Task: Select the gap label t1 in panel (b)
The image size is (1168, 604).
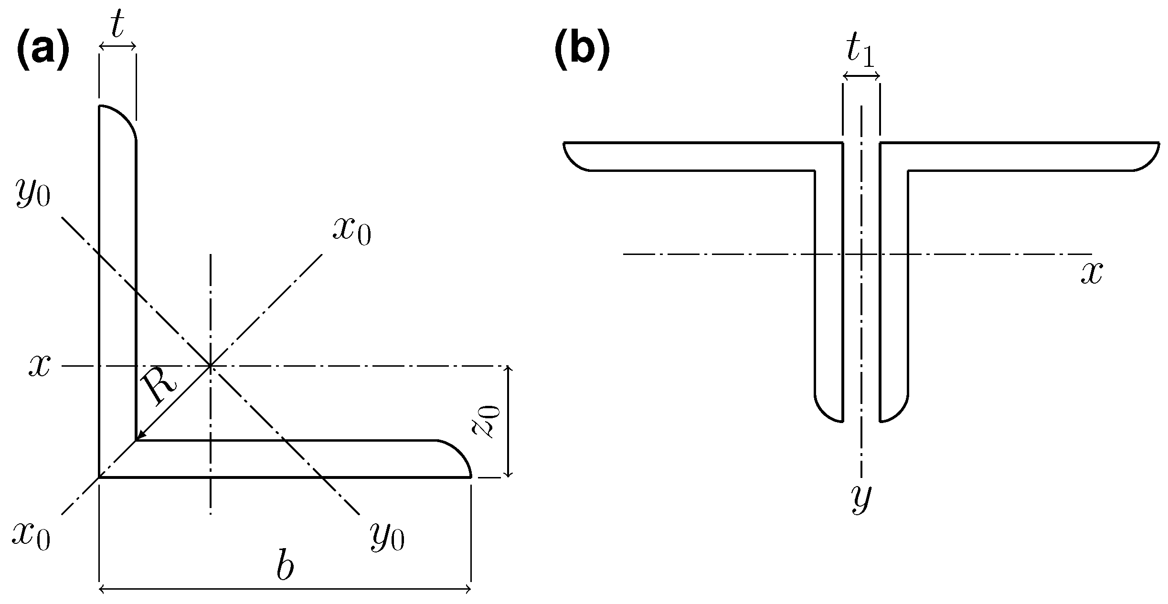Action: (x=860, y=52)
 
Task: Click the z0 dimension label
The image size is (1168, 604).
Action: (x=486, y=421)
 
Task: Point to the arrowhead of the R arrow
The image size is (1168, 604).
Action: (x=140, y=436)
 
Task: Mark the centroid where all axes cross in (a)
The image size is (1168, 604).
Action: (x=210, y=366)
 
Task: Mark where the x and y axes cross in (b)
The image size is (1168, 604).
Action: (x=861, y=254)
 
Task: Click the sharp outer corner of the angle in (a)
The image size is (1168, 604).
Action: (x=99, y=477)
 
